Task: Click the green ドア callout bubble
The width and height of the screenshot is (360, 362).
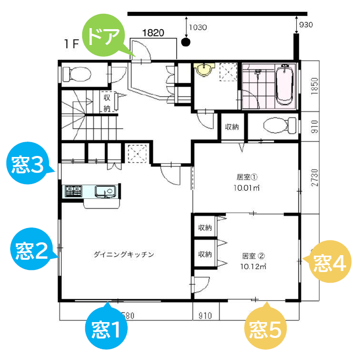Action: pyautogui.click(x=104, y=36)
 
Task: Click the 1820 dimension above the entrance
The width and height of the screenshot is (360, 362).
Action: pyautogui.click(x=153, y=33)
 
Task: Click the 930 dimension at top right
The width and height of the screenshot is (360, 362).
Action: pyautogui.click(x=306, y=25)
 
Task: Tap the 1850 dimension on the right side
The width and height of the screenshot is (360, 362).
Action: pyautogui.click(x=316, y=85)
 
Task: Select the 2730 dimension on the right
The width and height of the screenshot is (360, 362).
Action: pyautogui.click(x=315, y=177)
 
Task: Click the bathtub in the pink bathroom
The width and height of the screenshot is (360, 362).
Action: pyautogui.click(x=284, y=85)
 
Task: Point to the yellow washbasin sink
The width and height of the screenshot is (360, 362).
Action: pyautogui.click(x=205, y=70)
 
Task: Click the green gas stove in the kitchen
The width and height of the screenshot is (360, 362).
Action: pyautogui.click(x=73, y=192)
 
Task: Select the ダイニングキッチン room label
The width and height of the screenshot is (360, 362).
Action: pyautogui.click(x=124, y=254)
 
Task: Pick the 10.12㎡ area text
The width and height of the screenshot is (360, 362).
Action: pyautogui.click(x=250, y=266)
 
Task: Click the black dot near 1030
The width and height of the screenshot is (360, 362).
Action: pyautogui.click(x=186, y=42)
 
